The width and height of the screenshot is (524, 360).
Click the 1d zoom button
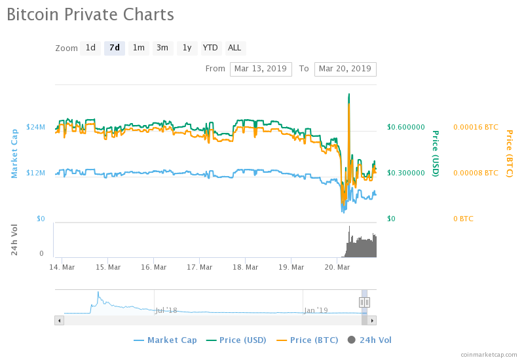pyautogui.click(x=90, y=48)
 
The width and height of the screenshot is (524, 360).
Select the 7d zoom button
pyautogui.click(x=115, y=48)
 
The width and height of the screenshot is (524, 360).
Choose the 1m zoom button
pyautogui.click(x=138, y=48)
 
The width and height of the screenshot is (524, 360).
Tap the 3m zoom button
pyautogui.click(x=162, y=48)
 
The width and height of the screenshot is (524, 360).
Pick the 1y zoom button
pyautogui.click(x=187, y=48)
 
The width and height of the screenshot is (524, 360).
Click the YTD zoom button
pyautogui.click(x=210, y=48)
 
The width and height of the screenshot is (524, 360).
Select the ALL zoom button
pyautogui.click(x=234, y=48)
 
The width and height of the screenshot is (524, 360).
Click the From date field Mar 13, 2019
pyautogui.click(x=261, y=69)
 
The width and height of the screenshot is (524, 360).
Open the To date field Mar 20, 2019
pyautogui.click(x=345, y=69)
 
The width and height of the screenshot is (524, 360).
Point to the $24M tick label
pyautogui.click(x=35, y=127)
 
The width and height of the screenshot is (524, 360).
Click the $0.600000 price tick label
pyautogui.click(x=406, y=127)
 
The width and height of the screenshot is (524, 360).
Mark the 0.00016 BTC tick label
pyautogui.click(x=476, y=127)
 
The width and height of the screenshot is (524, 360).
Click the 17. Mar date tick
pyautogui.click(x=200, y=267)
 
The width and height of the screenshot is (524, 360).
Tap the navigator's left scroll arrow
pyautogui.click(x=59, y=320)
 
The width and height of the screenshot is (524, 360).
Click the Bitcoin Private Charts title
pyautogui.click(x=90, y=14)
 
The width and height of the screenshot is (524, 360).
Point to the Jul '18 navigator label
pyautogui.click(x=166, y=310)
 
